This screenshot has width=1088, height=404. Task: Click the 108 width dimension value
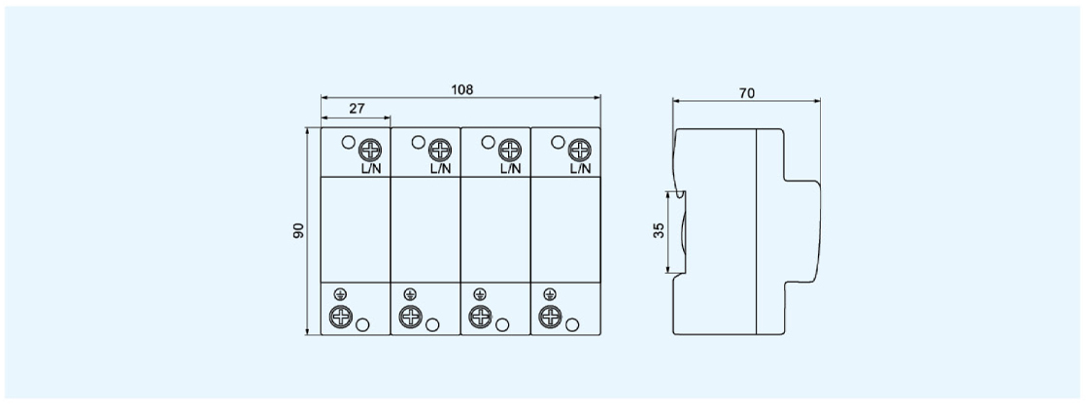[462, 89]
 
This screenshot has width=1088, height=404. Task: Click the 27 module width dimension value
[357, 109]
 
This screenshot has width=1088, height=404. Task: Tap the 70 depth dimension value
[747, 93]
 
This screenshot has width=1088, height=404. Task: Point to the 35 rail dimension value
[660, 230]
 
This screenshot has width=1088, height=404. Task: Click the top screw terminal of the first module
[370, 150]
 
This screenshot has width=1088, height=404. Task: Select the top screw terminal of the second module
[440, 150]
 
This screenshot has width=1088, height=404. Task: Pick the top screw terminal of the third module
[510, 150]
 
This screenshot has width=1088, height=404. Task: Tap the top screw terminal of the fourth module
[579, 150]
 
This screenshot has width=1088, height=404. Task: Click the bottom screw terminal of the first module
[341, 317]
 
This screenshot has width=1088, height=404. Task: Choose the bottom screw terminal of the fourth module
[550, 317]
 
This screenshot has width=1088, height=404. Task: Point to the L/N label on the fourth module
[580, 169]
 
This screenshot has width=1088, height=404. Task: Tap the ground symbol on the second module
[410, 294]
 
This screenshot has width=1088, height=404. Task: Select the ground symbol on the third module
[480, 294]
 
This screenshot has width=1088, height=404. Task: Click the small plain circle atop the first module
[349, 143]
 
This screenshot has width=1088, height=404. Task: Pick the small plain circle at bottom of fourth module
[572, 324]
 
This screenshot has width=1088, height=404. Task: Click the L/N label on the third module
[510, 169]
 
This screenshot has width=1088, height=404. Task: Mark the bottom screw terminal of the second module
[411, 317]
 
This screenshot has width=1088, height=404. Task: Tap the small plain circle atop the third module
[488, 143]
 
